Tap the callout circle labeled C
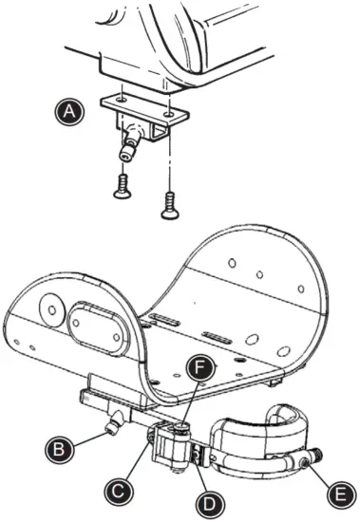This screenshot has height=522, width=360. tap(118, 490)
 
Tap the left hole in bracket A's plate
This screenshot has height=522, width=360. tap(123, 100)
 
